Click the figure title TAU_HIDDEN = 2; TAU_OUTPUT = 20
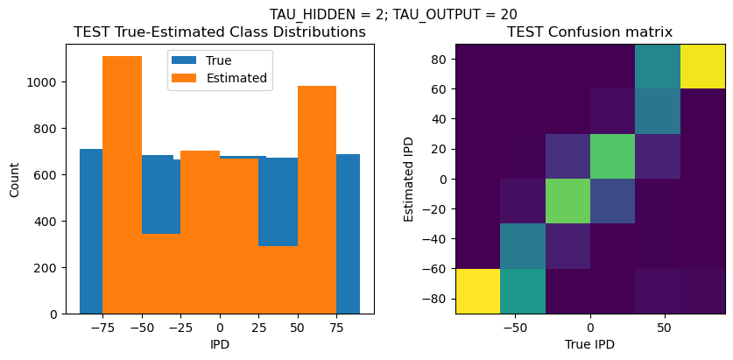click(392, 14)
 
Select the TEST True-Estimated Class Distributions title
click(220, 32)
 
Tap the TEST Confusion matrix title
click(590, 32)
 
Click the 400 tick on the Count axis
click(45, 222)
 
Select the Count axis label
click(15, 179)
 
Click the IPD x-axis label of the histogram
click(220, 344)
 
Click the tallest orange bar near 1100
click(122, 184)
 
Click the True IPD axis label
click(590, 344)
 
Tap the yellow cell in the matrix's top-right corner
click(702, 67)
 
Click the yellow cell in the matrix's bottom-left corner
click(477, 291)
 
